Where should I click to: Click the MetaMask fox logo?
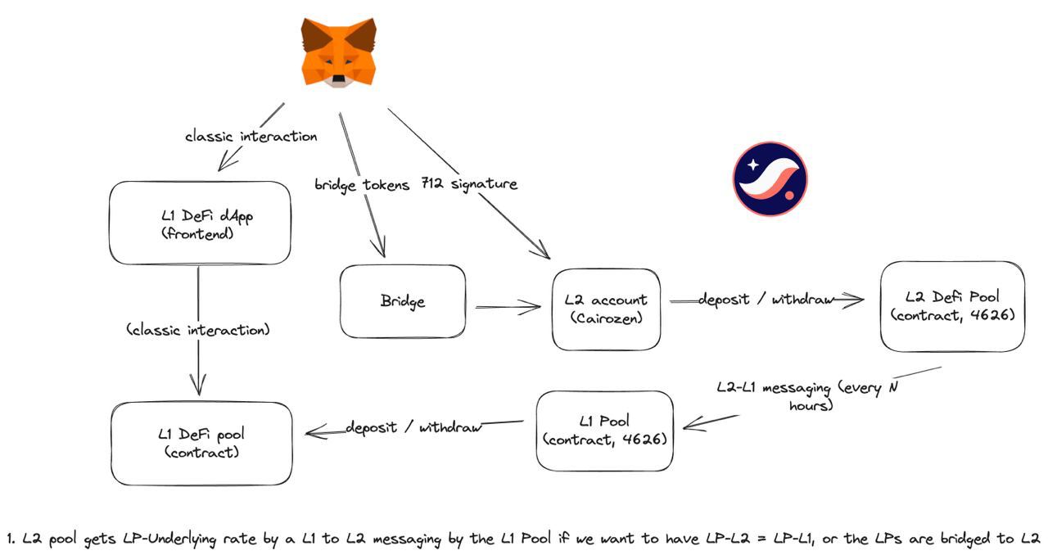click(x=338, y=52)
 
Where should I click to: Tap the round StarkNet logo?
click(x=770, y=178)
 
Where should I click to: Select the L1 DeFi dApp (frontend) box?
click(x=200, y=223)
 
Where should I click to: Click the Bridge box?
click(x=403, y=301)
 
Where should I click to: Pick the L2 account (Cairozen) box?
click(x=606, y=309)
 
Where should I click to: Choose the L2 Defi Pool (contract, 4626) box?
click(x=952, y=306)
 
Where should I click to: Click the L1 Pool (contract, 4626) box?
click(x=604, y=430)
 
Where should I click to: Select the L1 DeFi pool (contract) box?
click(x=201, y=442)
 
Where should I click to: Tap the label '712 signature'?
click(x=469, y=184)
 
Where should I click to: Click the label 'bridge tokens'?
click(x=361, y=185)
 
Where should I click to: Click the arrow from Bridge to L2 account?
click(x=508, y=308)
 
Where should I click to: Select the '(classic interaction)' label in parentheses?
click(x=198, y=330)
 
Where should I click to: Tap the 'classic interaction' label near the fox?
click(x=251, y=136)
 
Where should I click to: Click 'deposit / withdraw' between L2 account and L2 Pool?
click(x=766, y=300)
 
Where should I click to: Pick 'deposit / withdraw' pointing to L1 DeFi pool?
click(x=413, y=426)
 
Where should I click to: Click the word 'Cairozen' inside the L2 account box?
click(x=606, y=318)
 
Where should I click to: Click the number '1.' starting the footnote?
click(x=11, y=539)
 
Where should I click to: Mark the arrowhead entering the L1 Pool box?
click(x=688, y=424)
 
